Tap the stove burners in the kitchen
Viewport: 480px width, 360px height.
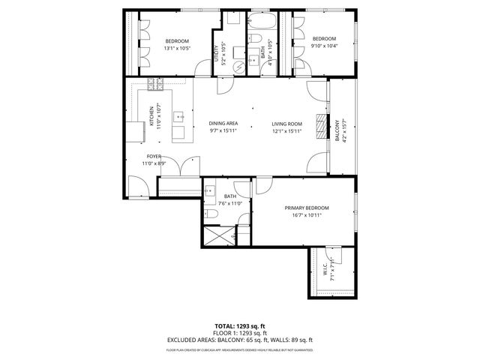(x=159, y=83)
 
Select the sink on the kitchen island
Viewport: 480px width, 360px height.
(x=180, y=116)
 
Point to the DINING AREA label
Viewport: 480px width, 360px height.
(x=223, y=124)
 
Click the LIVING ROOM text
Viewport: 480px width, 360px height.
(x=286, y=124)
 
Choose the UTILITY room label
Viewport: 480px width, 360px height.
(x=217, y=55)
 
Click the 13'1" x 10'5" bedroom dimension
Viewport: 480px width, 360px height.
(x=177, y=48)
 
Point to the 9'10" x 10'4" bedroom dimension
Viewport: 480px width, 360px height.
(x=324, y=46)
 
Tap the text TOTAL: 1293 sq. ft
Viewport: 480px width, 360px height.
(x=239, y=326)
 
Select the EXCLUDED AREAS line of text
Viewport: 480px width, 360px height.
(x=239, y=340)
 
